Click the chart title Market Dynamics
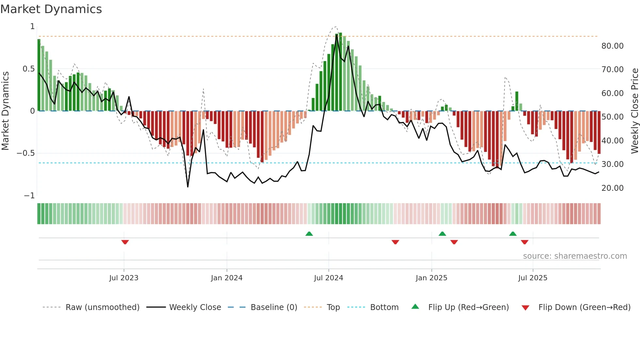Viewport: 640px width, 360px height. point(51,9)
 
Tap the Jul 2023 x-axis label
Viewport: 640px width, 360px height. point(124,278)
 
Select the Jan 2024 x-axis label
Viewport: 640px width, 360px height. point(227,278)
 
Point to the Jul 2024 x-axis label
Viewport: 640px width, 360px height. point(328,278)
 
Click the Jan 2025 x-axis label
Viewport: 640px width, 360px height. point(431,278)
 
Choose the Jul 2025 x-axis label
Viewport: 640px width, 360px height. point(533,278)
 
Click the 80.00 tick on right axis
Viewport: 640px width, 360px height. point(612,46)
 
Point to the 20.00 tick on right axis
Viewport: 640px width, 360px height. point(612,188)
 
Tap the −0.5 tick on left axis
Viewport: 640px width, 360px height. point(26,153)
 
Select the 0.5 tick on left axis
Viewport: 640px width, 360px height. point(28,69)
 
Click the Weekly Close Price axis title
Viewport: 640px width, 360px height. point(634,111)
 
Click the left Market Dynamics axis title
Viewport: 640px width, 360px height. point(5,111)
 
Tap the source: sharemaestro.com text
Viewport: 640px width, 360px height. point(575,256)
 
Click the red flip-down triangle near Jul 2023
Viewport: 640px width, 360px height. point(125,242)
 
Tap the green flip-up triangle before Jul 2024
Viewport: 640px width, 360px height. point(309,234)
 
